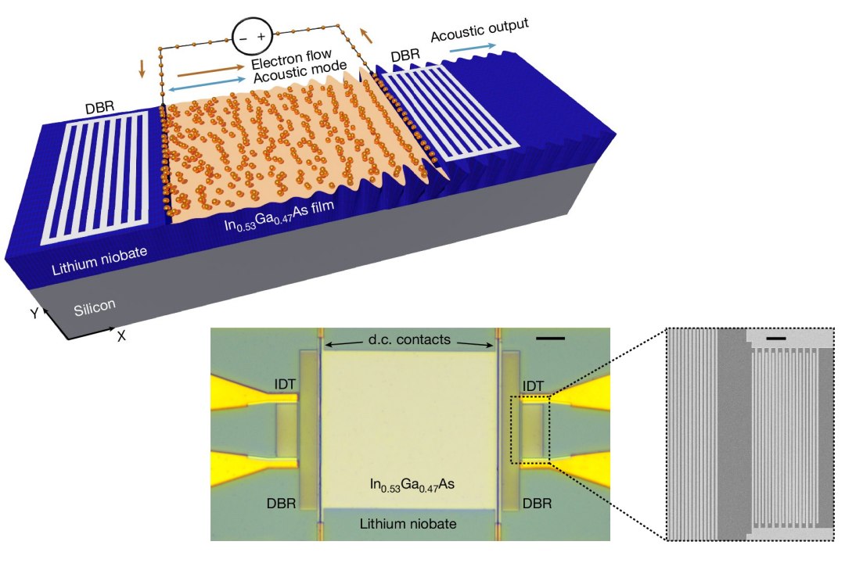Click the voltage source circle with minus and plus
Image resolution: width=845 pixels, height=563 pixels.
[252, 37]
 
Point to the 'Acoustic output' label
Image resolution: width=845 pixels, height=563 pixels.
[480, 30]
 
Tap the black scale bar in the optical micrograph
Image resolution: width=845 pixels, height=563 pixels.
[552, 339]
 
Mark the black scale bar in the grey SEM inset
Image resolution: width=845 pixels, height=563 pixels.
[776, 338]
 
